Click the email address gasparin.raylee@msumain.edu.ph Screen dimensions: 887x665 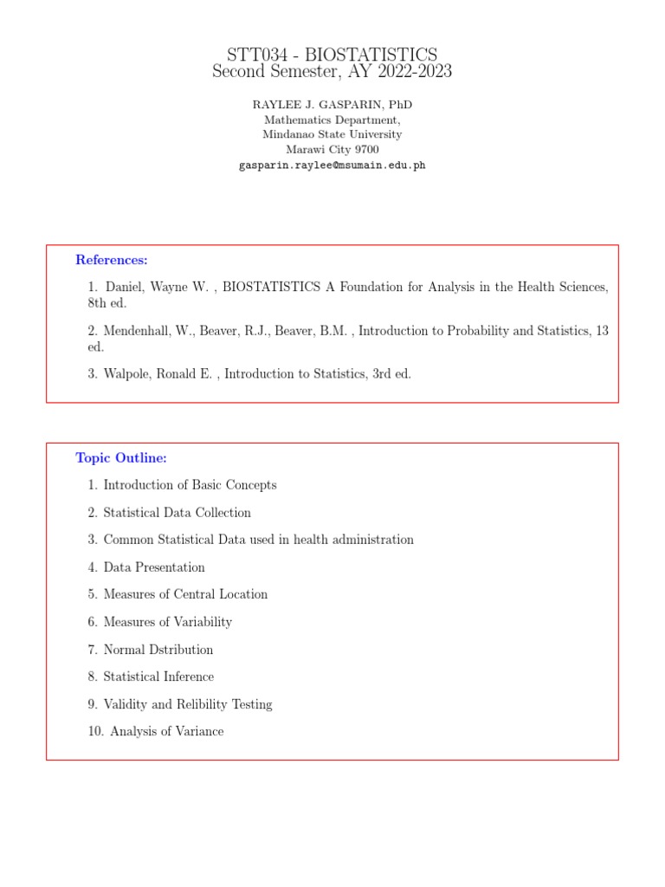[332, 165]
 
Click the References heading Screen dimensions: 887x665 [112, 260]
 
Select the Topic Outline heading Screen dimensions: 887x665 [121, 458]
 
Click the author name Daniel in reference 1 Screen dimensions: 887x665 [126, 287]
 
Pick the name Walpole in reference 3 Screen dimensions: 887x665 [128, 374]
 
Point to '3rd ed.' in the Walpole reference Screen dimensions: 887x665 [392, 374]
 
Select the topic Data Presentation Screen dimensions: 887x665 [154, 567]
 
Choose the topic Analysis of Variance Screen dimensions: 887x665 [166, 732]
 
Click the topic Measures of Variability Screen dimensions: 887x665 [167, 622]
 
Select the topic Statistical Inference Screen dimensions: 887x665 [158, 677]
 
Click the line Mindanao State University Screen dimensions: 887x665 [332, 135]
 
